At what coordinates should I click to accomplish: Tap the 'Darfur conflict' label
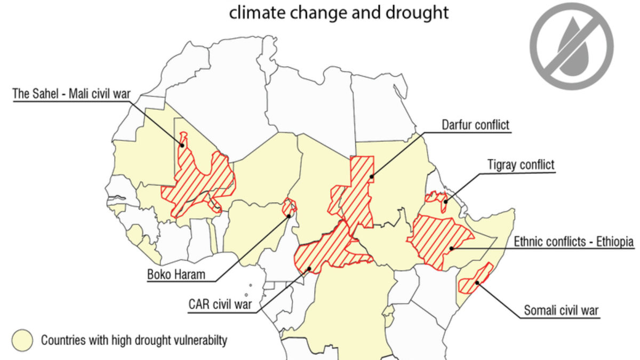click(x=475, y=125)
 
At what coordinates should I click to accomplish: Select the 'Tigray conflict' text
click(x=521, y=165)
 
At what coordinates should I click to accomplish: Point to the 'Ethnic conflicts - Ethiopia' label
click(x=573, y=242)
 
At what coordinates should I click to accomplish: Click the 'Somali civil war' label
click(x=561, y=310)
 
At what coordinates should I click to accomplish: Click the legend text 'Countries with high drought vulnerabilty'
click(x=134, y=340)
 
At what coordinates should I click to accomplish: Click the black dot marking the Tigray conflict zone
click(x=444, y=202)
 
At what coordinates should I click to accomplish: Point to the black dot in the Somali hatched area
click(x=478, y=283)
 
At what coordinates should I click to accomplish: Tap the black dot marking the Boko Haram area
click(x=289, y=216)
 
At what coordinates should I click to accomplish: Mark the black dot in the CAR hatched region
click(x=308, y=269)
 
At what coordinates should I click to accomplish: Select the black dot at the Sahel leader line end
click(x=182, y=145)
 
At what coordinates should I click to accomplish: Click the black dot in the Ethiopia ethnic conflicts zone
click(x=451, y=249)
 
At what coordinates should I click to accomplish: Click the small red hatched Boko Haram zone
click(x=289, y=206)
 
